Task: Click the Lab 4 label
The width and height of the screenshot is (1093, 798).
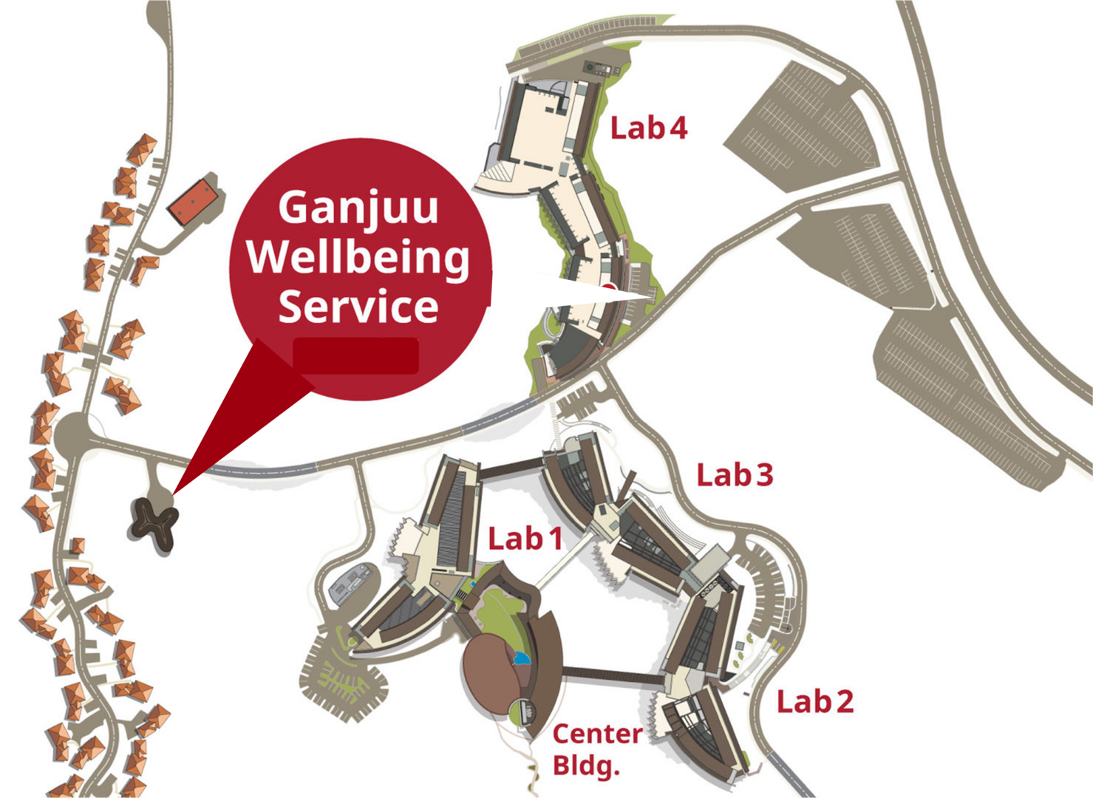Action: pyautogui.click(x=648, y=129)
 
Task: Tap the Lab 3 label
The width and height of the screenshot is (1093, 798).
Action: pyautogui.click(x=735, y=475)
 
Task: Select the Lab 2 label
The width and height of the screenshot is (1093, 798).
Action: pyautogui.click(x=814, y=701)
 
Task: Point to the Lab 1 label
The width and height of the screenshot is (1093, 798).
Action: pyautogui.click(x=525, y=539)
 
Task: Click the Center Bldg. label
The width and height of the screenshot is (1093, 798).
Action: pyautogui.click(x=597, y=749)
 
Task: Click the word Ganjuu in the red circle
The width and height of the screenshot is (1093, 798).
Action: pyautogui.click(x=358, y=208)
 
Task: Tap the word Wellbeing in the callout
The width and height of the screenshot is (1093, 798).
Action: pyautogui.click(x=358, y=257)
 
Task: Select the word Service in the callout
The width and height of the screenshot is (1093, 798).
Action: pyautogui.click(x=358, y=307)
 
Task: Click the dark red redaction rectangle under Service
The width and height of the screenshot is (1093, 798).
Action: pyautogui.click(x=356, y=355)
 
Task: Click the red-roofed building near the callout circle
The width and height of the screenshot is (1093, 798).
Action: pyautogui.click(x=194, y=202)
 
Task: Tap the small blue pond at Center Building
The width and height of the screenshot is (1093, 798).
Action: pyautogui.click(x=522, y=658)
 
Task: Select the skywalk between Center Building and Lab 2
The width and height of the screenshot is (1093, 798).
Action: pyautogui.click(x=613, y=675)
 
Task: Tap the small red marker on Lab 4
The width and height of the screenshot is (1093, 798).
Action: pyautogui.click(x=607, y=287)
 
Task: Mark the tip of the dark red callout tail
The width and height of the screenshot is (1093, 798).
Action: pyautogui.click(x=174, y=492)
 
